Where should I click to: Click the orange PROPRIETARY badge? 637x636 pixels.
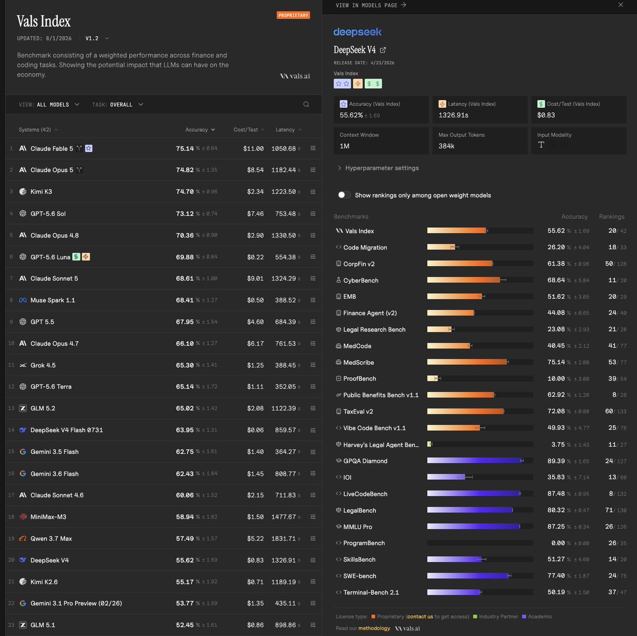tap(293, 15)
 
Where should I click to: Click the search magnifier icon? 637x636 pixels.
tap(306, 105)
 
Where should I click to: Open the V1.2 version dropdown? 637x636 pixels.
tap(97, 38)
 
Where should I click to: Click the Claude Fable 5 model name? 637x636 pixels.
tap(51, 149)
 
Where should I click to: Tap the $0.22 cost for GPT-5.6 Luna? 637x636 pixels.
tap(255, 257)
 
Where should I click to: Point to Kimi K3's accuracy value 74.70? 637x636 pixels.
tap(185, 192)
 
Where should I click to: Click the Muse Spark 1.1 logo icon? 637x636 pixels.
tap(23, 300)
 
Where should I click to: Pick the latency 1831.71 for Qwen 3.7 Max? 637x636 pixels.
tap(283, 538)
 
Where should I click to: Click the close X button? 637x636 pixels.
tap(621, 5)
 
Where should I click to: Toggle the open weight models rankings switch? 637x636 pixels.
tap(344, 195)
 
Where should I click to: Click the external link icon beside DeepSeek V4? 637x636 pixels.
tap(383, 50)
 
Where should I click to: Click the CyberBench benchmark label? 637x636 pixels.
tap(360, 281)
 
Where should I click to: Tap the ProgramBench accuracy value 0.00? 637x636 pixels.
tap(558, 543)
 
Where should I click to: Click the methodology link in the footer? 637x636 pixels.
tap(374, 628)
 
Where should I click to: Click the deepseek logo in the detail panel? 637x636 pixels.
tap(357, 32)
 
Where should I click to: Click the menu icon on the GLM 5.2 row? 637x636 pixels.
tap(313, 409)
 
